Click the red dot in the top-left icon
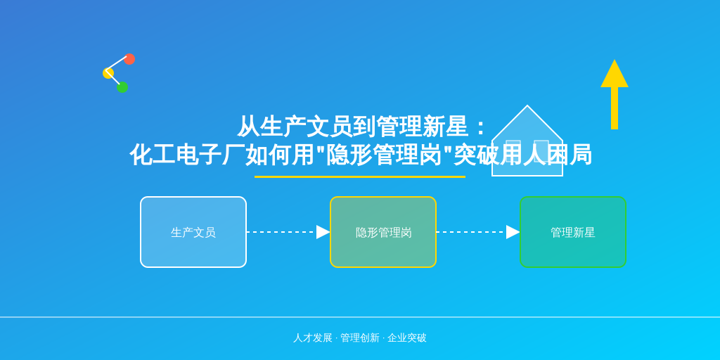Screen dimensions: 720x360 point(129,59)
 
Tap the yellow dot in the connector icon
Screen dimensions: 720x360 point(108,73)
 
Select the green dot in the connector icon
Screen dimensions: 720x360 point(122,86)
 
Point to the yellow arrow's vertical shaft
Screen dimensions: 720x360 point(615,108)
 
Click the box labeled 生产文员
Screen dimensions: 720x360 point(193,232)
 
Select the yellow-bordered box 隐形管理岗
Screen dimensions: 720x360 point(383,232)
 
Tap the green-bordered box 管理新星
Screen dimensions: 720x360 point(573,232)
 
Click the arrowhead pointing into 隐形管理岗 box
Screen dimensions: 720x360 point(323,232)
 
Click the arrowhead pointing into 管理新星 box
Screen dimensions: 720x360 point(513,232)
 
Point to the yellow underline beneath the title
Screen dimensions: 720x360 point(360,176)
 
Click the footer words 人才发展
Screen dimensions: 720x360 point(313,338)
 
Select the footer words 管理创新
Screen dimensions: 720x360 point(360,338)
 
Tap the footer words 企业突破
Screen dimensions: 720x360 point(407,338)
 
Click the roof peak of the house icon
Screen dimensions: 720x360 point(527,105)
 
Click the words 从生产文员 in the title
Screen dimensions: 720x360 point(295,127)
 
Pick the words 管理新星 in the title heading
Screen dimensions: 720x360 point(422,127)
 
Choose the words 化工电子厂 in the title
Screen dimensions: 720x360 point(187,155)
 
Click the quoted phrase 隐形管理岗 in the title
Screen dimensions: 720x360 point(383,155)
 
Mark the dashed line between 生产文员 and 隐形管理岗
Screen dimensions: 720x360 point(281,232)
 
